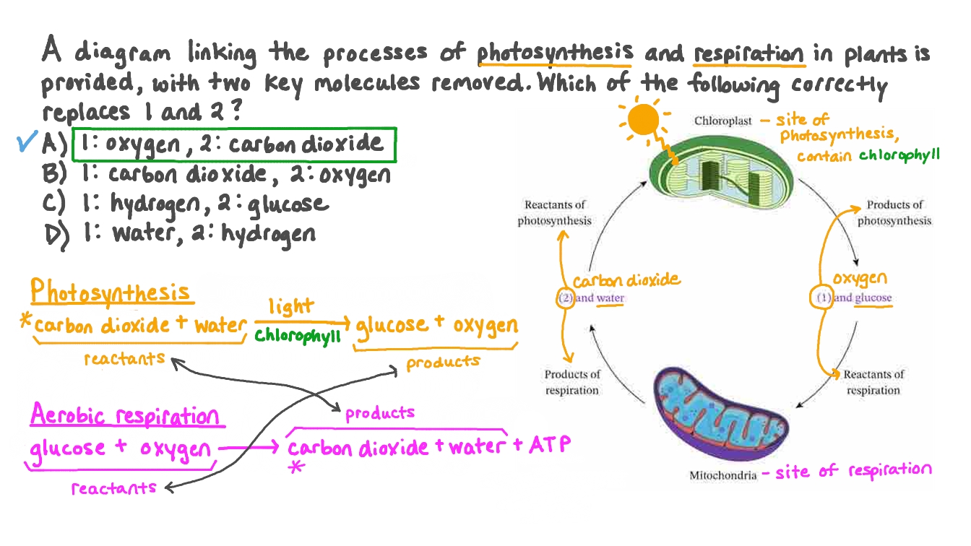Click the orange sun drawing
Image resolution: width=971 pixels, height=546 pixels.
pyautogui.click(x=642, y=121)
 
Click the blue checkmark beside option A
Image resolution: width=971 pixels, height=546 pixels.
pyautogui.click(x=27, y=144)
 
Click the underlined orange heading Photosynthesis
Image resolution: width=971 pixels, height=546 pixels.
pyautogui.click(x=111, y=292)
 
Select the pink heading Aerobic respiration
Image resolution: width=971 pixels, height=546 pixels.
pyautogui.click(x=124, y=416)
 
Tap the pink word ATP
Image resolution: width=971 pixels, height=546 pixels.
pyautogui.click(x=549, y=443)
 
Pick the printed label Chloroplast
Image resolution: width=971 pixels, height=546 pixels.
pyautogui.click(x=722, y=121)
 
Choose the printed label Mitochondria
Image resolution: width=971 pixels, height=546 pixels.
pyautogui.click(x=722, y=475)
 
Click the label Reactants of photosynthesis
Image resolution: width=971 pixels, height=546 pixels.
pyautogui.click(x=555, y=213)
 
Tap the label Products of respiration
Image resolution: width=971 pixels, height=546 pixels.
pyautogui.click(x=571, y=382)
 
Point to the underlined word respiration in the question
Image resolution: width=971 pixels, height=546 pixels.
pyautogui.click(x=748, y=54)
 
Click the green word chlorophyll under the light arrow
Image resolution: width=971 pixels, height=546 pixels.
pyautogui.click(x=297, y=337)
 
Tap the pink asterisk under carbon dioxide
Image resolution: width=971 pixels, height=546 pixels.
pyautogui.click(x=294, y=468)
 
